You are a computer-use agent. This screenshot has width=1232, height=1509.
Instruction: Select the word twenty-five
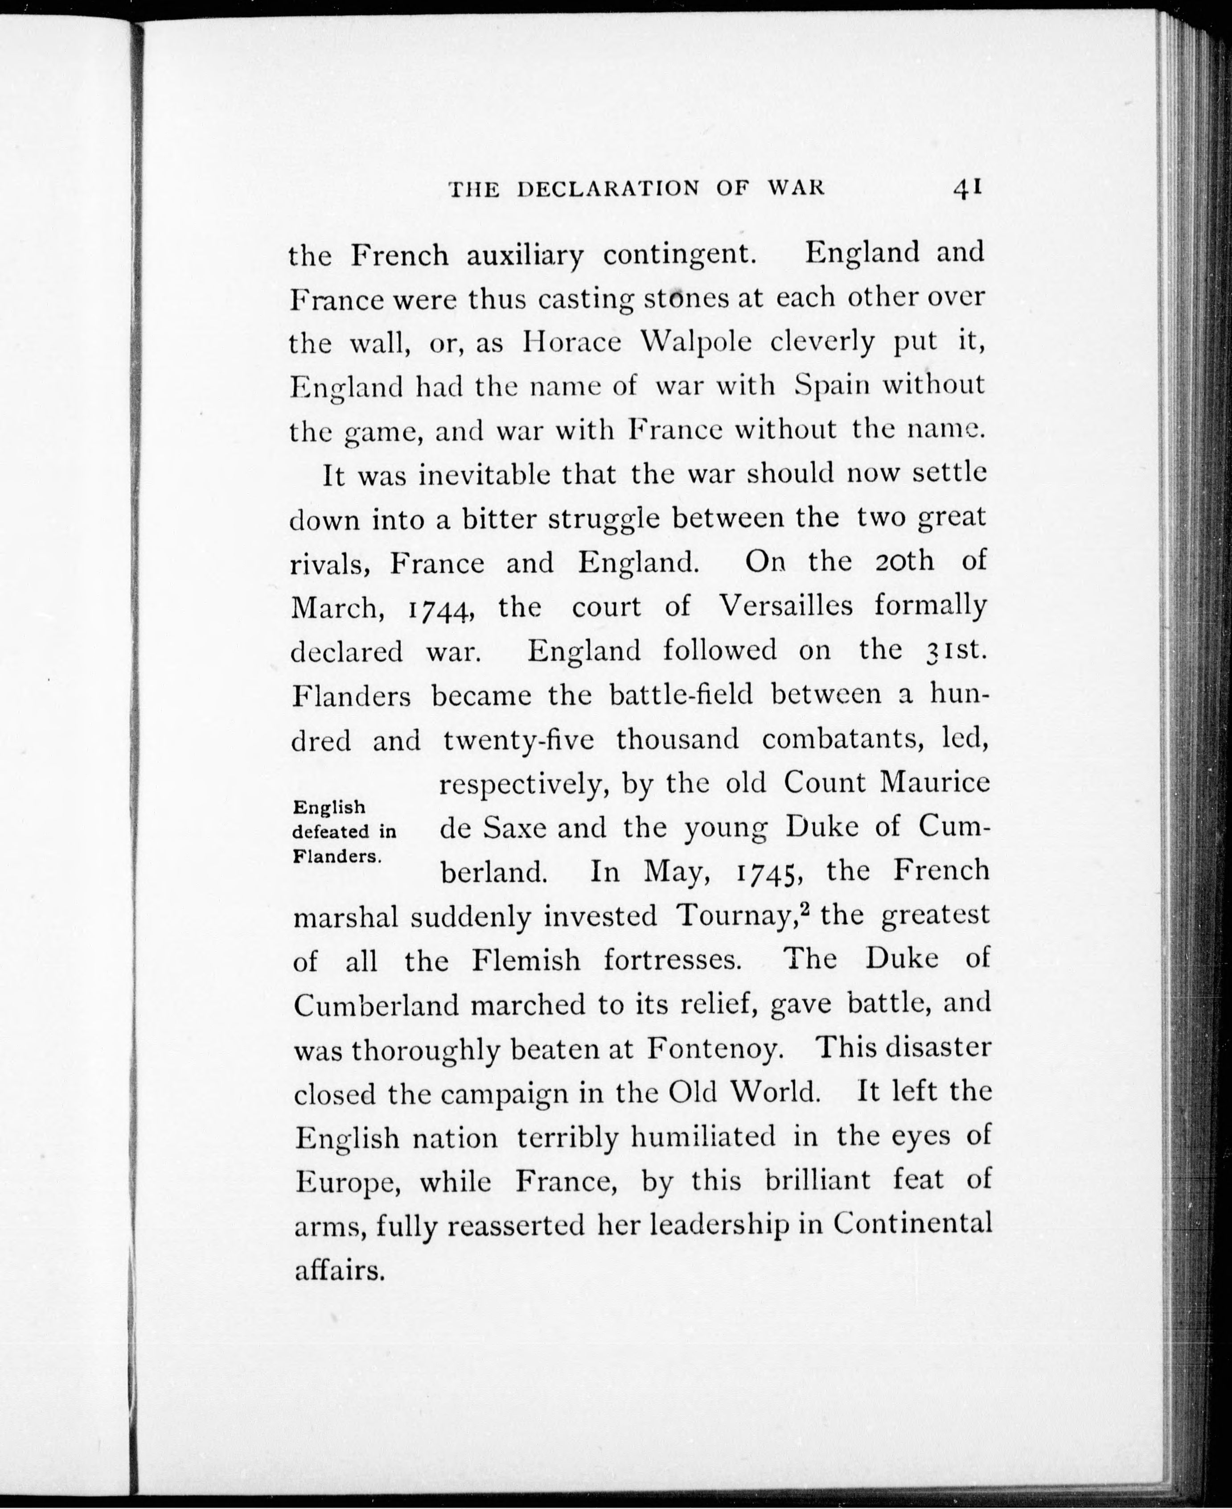pos(518,740)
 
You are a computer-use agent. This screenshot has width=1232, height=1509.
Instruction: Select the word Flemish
pos(526,961)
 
